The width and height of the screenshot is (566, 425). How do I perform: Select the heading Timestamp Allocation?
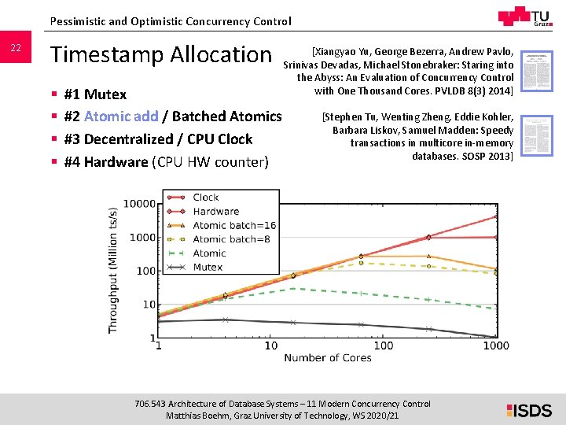pos(160,54)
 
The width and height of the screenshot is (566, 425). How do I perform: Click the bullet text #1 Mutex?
pos(94,94)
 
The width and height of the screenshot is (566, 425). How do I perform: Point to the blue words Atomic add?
pos(121,116)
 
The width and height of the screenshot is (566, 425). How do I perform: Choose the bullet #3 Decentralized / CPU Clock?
pos(157,139)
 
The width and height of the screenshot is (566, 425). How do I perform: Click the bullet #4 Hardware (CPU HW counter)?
pos(166,162)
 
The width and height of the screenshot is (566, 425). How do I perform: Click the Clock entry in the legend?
pos(206,198)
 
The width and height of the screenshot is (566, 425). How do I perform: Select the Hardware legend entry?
pos(215,211)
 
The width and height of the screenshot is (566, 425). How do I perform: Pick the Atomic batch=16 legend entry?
pos(234,225)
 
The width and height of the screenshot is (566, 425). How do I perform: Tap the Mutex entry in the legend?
pos(208,267)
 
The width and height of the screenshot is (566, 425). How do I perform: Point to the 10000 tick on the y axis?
pos(139,204)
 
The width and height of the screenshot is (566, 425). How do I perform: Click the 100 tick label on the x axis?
pos(383,346)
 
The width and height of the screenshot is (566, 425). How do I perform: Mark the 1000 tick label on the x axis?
pos(496,346)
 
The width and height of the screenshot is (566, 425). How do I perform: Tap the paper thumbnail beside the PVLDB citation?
pos(538,72)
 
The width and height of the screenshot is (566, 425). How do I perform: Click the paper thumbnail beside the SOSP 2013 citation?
pos(538,135)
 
